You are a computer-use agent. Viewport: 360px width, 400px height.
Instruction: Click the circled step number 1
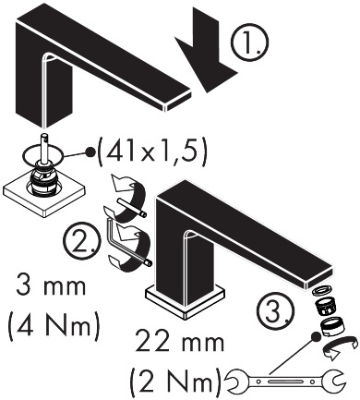click(249, 42)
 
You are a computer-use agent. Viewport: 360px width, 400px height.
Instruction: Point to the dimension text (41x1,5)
click(151, 152)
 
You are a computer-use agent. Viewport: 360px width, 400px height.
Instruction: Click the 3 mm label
click(51, 286)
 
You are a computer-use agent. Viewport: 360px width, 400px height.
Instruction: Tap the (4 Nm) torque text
click(54, 326)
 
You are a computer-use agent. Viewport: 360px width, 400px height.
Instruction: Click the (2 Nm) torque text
click(175, 382)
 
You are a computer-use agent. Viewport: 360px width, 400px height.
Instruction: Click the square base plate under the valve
click(43, 194)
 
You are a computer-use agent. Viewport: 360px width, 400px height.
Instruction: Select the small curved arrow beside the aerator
click(340, 347)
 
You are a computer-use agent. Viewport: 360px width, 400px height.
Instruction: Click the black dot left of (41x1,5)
click(90, 152)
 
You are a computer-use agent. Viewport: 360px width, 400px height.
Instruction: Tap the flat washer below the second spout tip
click(320, 292)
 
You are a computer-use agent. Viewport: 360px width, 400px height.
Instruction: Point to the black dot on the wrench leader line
click(315, 336)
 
